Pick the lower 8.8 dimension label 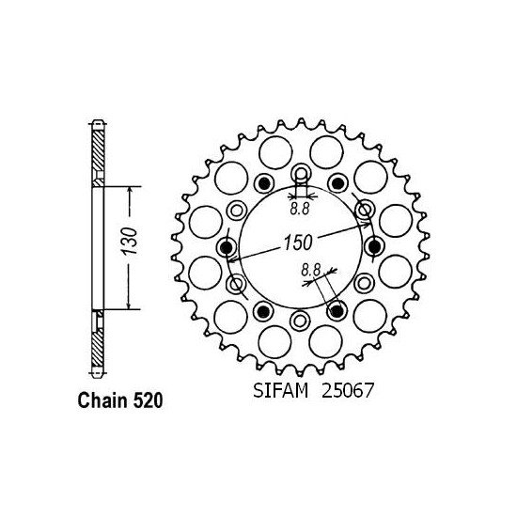click(310, 272)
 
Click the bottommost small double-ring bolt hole click(300, 321)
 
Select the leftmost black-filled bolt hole click(227, 247)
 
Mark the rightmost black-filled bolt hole click(373, 247)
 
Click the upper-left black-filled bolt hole click(263, 183)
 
